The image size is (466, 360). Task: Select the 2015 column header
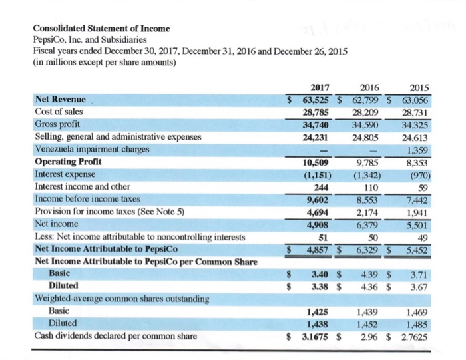pos(420,88)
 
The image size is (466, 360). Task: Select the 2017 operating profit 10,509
pos(319,161)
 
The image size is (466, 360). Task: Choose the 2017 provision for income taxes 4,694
pos(321,211)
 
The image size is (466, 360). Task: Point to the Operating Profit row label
pos(65,162)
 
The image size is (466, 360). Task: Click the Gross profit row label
pos(57,124)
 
